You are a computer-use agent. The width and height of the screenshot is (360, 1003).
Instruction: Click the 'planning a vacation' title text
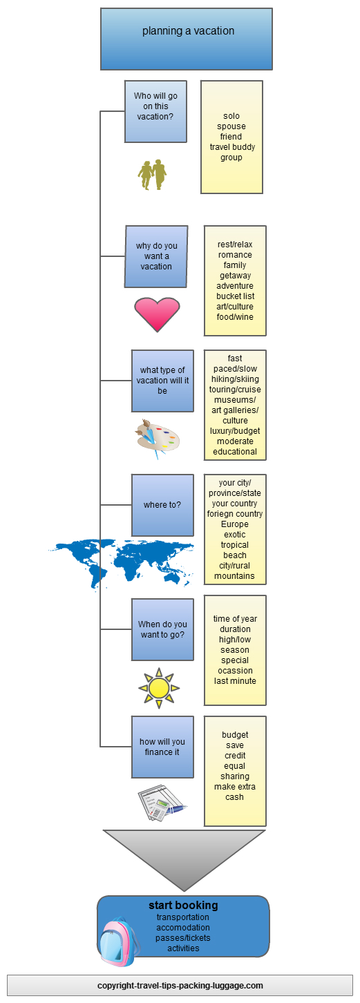tap(188, 31)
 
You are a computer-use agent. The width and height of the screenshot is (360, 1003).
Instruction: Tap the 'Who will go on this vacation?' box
tap(155, 111)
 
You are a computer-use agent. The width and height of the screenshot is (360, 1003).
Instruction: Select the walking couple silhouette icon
tap(152, 175)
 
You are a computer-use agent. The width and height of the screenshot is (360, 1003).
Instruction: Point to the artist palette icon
tap(158, 439)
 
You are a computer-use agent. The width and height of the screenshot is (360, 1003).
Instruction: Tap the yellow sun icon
tap(158, 688)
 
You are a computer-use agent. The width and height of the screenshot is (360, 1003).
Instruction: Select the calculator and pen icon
tap(162, 802)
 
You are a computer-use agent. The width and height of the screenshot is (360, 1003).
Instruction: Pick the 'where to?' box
tap(162, 505)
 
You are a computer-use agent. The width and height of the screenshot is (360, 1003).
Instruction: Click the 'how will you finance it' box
tap(162, 747)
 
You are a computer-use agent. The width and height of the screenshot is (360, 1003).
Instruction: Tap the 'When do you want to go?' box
tap(162, 629)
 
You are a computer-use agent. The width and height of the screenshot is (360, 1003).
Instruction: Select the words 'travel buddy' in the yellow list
tap(232, 147)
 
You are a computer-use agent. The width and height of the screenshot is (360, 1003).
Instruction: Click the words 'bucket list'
tap(235, 296)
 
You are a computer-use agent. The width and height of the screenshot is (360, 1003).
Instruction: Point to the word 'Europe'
tap(235, 524)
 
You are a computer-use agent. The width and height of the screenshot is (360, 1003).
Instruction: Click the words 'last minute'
tap(235, 680)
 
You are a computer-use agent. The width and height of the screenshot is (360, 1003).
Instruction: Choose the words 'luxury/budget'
tap(235, 431)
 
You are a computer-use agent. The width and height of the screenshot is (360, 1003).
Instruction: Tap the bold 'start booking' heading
tap(183, 905)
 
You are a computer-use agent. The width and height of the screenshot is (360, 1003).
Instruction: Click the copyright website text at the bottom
tap(180, 985)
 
